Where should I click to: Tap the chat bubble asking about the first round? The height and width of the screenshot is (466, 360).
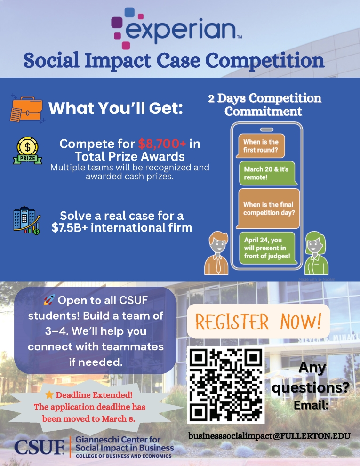[261, 145]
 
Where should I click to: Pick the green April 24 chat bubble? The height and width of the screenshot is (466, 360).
[267, 248]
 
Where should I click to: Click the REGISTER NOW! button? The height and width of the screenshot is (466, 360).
[258, 322]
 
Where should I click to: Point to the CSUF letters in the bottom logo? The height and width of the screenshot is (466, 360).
[40, 446]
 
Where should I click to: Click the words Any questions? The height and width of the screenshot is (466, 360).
[312, 378]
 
